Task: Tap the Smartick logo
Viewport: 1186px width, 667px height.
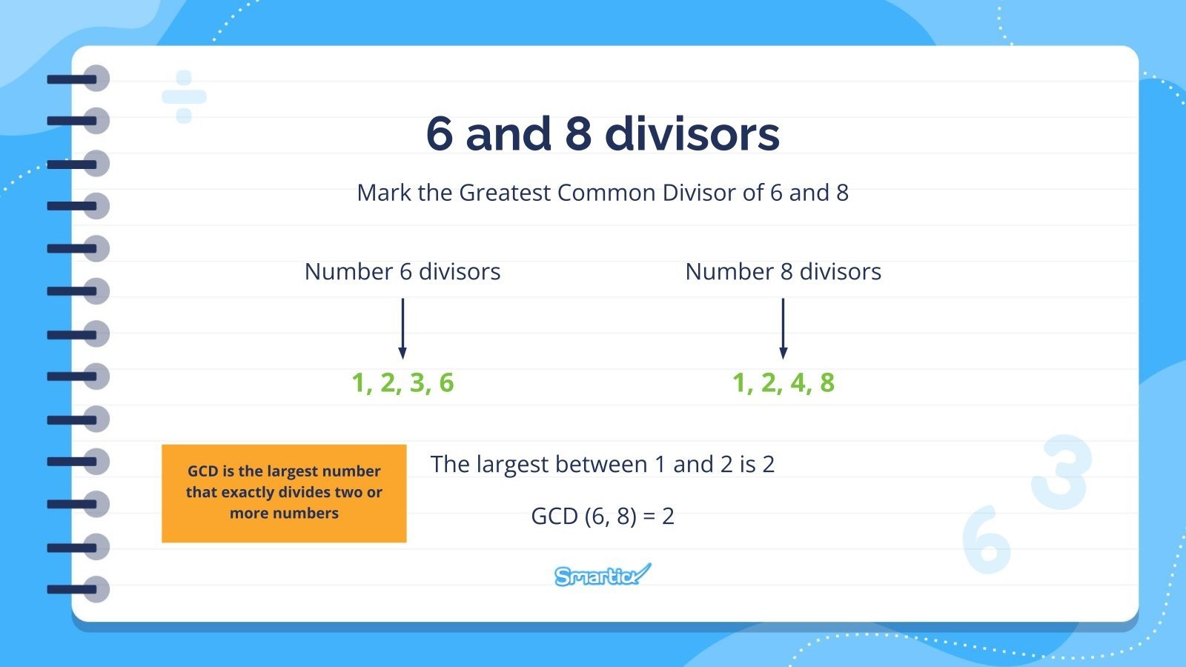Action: point(602,575)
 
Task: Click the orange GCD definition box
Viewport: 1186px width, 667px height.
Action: point(284,493)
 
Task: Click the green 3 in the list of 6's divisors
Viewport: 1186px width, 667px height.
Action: point(418,383)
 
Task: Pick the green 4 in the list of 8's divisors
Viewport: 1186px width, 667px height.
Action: point(798,383)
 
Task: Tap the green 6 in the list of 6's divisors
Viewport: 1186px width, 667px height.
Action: point(446,383)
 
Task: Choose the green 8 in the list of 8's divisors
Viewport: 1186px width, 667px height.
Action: point(827,383)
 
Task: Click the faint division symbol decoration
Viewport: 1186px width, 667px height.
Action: point(184,97)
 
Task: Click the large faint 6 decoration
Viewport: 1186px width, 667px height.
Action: point(986,540)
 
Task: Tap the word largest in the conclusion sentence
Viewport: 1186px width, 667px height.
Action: point(512,465)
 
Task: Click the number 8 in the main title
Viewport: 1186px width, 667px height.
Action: point(578,134)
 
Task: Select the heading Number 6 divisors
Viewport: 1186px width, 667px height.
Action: point(402,272)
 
